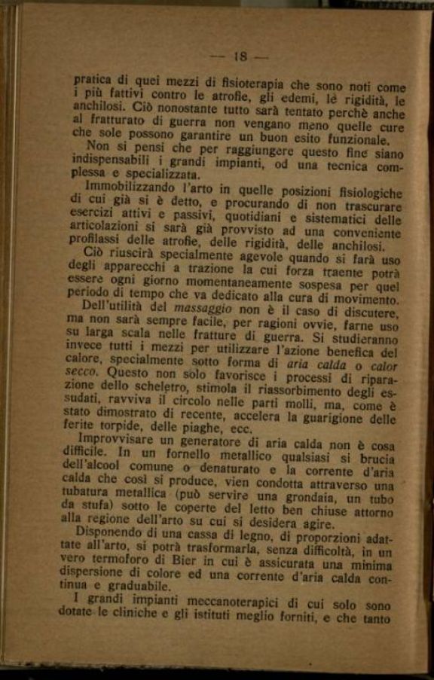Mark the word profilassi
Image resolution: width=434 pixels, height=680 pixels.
click(99, 245)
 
